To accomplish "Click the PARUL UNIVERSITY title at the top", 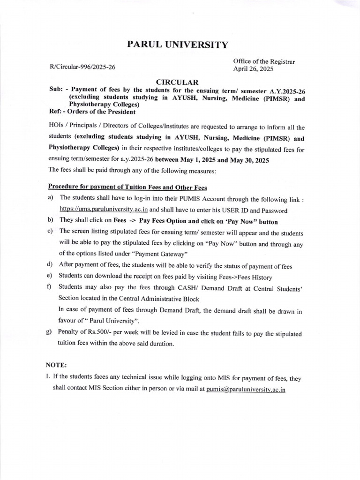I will pyautogui.click(x=178, y=45).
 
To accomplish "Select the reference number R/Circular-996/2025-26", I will pyautogui.click(x=82, y=67).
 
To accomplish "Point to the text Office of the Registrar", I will pyautogui.click(x=264, y=61).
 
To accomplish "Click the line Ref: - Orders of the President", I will pyautogui.click(x=92, y=112).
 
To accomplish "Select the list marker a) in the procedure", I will pyautogui.click(x=50, y=199).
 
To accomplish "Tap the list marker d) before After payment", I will pyautogui.click(x=50, y=266).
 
